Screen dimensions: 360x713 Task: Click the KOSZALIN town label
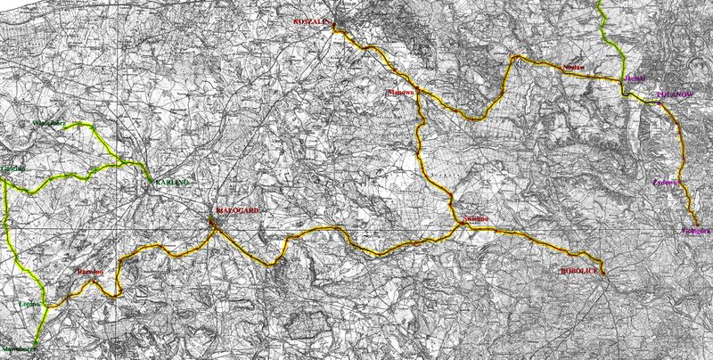[x=312, y=22]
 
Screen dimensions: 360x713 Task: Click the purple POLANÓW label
[x=674, y=92]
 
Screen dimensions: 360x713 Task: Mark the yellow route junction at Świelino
[x=463, y=227]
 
